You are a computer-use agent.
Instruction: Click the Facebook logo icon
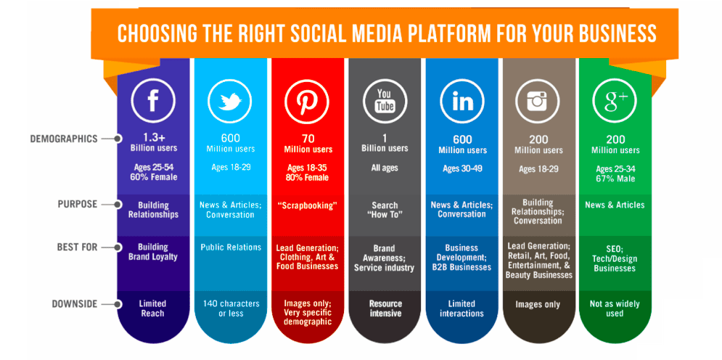(x=153, y=101)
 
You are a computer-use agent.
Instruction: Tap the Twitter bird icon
(x=230, y=101)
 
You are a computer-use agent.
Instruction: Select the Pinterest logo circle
(x=307, y=101)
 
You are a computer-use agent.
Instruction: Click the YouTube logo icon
(x=384, y=101)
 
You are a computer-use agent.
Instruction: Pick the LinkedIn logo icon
(x=462, y=101)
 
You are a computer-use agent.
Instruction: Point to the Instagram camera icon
(x=538, y=101)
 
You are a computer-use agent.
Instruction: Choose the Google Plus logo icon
(x=615, y=101)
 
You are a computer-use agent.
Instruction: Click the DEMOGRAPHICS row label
(x=64, y=139)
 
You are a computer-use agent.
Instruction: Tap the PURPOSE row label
(x=78, y=204)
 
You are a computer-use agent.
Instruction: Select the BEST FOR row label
(x=77, y=247)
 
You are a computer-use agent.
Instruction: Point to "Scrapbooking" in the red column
(x=307, y=205)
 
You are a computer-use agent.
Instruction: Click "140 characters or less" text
(x=230, y=308)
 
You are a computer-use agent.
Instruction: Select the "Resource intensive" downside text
(x=384, y=308)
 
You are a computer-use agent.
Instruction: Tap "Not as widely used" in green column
(x=615, y=308)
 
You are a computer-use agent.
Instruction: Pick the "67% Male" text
(x=615, y=177)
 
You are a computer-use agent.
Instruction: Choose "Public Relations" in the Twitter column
(x=230, y=247)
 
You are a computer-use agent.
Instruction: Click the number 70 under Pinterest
(x=307, y=139)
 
